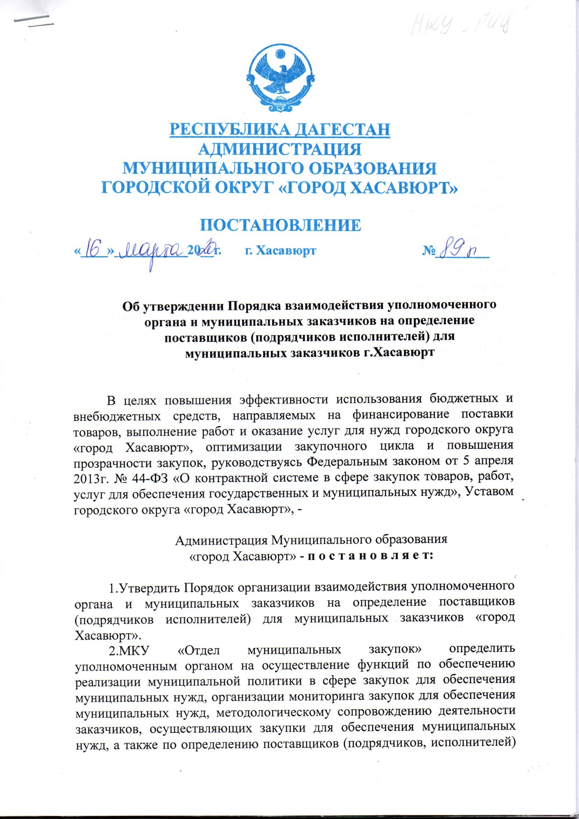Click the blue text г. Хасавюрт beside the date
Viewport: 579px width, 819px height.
281,251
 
